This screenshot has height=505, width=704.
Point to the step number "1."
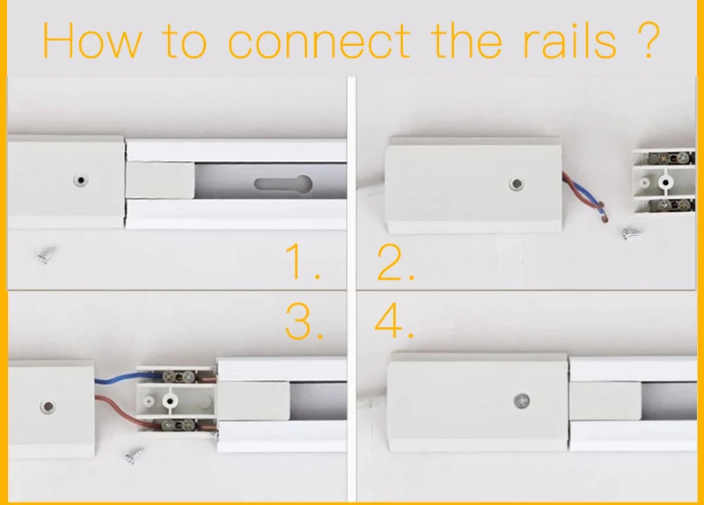(302, 262)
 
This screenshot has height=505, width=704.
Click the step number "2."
(395, 262)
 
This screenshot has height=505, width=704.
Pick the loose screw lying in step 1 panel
(46, 256)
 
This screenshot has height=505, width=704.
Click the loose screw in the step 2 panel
(630, 234)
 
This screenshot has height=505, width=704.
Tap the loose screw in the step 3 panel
(136, 457)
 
